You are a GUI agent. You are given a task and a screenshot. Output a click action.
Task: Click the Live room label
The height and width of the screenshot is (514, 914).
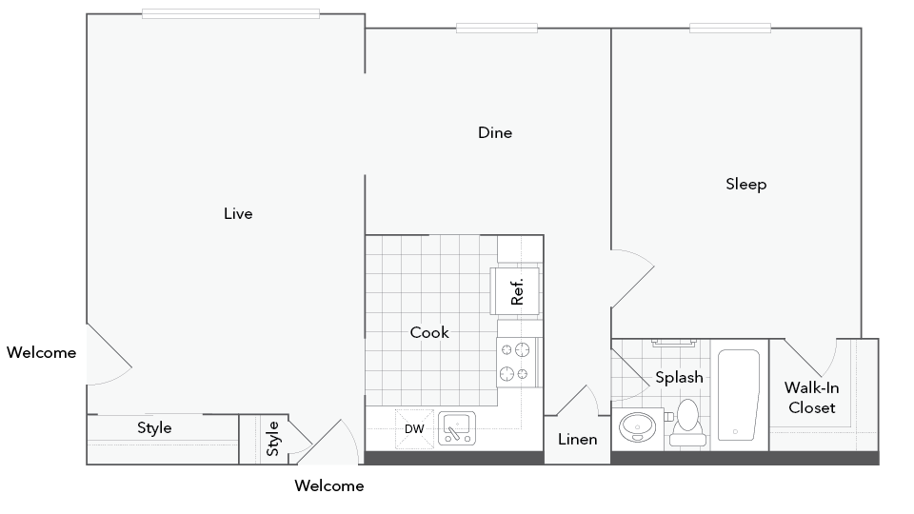pyautogui.click(x=238, y=214)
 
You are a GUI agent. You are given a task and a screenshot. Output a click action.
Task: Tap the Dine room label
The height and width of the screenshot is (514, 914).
pyautogui.click(x=495, y=133)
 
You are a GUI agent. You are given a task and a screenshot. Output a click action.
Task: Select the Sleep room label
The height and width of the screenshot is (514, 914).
pyautogui.click(x=745, y=185)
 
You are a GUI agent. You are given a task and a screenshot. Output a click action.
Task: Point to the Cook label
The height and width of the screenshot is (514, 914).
pyautogui.click(x=429, y=332)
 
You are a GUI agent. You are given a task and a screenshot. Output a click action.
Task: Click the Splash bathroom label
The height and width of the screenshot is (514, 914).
pyautogui.click(x=679, y=377)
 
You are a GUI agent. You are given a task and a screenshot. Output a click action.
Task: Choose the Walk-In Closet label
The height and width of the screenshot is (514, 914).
pyautogui.click(x=810, y=398)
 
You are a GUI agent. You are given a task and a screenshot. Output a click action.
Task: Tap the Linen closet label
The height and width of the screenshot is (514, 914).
pyautogui.click(x=578, y=440)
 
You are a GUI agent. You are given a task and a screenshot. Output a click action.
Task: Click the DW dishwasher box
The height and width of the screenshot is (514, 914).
pyautogui.click(x=414, y=429)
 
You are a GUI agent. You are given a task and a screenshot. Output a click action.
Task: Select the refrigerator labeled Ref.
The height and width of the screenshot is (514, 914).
pyautogui.click(x=516, y=290)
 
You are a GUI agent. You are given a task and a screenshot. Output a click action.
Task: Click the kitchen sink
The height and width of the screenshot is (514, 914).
pyautogui.click(x=458, y=427)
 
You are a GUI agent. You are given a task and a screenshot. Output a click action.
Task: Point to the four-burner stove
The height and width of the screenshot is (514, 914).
pyautogui.click(x=517, y=362)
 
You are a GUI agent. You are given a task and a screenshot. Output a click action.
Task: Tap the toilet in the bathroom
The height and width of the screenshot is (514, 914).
pyautogui.click(x=685, y=422)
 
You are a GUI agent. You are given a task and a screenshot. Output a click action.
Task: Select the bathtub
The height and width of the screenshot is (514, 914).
pyautogui.click(x=738, y=395)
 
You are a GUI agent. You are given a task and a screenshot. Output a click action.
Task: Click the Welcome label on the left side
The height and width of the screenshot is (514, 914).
pyautogui.click(x=41, y=353)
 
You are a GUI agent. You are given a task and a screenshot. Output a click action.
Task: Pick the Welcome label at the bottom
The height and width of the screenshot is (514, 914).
pyautogui.click(x=328, y=486)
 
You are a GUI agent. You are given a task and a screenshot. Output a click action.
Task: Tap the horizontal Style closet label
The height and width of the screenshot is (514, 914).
pyautogui.click(x=154, y=428)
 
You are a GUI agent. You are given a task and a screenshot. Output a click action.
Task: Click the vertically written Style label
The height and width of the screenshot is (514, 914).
pyautogui.click(x=273, y=438)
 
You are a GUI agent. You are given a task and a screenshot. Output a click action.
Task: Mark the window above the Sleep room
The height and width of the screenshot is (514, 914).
pyautogui.click(x=729, y=28)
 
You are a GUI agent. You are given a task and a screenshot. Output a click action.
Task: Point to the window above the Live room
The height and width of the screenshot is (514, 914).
pyautogui.click(x=230, y=13)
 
